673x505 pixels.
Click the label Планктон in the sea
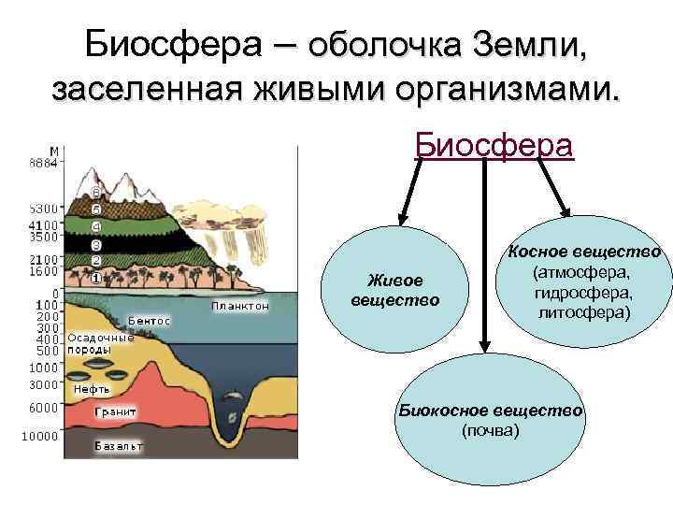point(240,306)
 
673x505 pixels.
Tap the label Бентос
point(150,321)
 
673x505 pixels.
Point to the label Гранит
point(116,411)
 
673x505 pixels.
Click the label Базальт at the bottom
point(119,446)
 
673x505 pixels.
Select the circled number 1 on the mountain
point(95,278)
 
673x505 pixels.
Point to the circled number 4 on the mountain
point(95,226)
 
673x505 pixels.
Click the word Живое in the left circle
point(394,280)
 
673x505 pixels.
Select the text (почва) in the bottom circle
point(491,430)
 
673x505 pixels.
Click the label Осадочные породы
point(100,344)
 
